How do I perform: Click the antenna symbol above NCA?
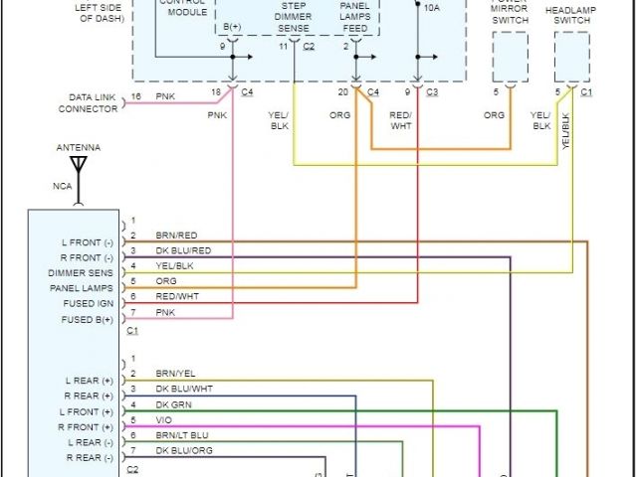[x=79, y=165]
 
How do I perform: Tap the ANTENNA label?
[x=78, y=147]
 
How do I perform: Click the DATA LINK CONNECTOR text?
[x=94, y=102]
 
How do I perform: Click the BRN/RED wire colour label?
[x=176, y=236]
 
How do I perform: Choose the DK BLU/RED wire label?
[x=183, y=250]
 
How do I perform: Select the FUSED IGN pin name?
[x=90, y=303]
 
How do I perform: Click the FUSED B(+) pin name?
[x=87, y=319]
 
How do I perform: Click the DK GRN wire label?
[x=172, y=404]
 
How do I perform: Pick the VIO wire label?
[x=163, y=420]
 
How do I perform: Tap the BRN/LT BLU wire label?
[x=182, y=435]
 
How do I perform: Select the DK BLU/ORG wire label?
[x=183, y=451]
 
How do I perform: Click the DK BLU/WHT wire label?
[x=183, y=389]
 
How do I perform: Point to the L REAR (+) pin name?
[x=90, y=380]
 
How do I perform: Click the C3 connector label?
[x=432, y=92]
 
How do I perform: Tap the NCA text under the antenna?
[x=62, y=186]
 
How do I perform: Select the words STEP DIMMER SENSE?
[x=293, y=17]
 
